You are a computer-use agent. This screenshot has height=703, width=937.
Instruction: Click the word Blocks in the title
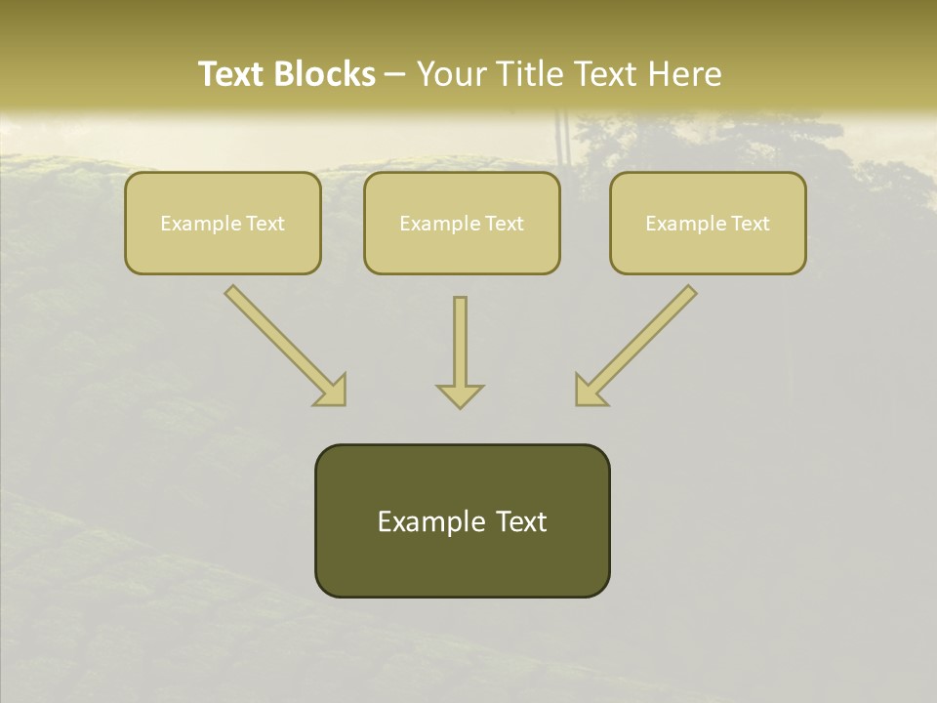[x=326, y=74]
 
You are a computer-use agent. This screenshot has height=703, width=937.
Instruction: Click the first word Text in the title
[x=234, y=74]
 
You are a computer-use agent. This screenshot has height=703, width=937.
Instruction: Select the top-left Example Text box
[x=223, y=223]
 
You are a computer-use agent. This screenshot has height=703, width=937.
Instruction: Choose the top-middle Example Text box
[x=462, y=223]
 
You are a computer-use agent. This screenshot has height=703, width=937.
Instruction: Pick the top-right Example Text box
[x=708, y=223]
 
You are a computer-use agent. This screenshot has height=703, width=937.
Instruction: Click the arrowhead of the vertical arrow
[x=460, y=395]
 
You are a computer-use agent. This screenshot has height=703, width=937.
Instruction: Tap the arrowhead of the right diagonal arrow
[x=589, y=391]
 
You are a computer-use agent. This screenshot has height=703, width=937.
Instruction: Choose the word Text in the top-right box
[x=751, y=224]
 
